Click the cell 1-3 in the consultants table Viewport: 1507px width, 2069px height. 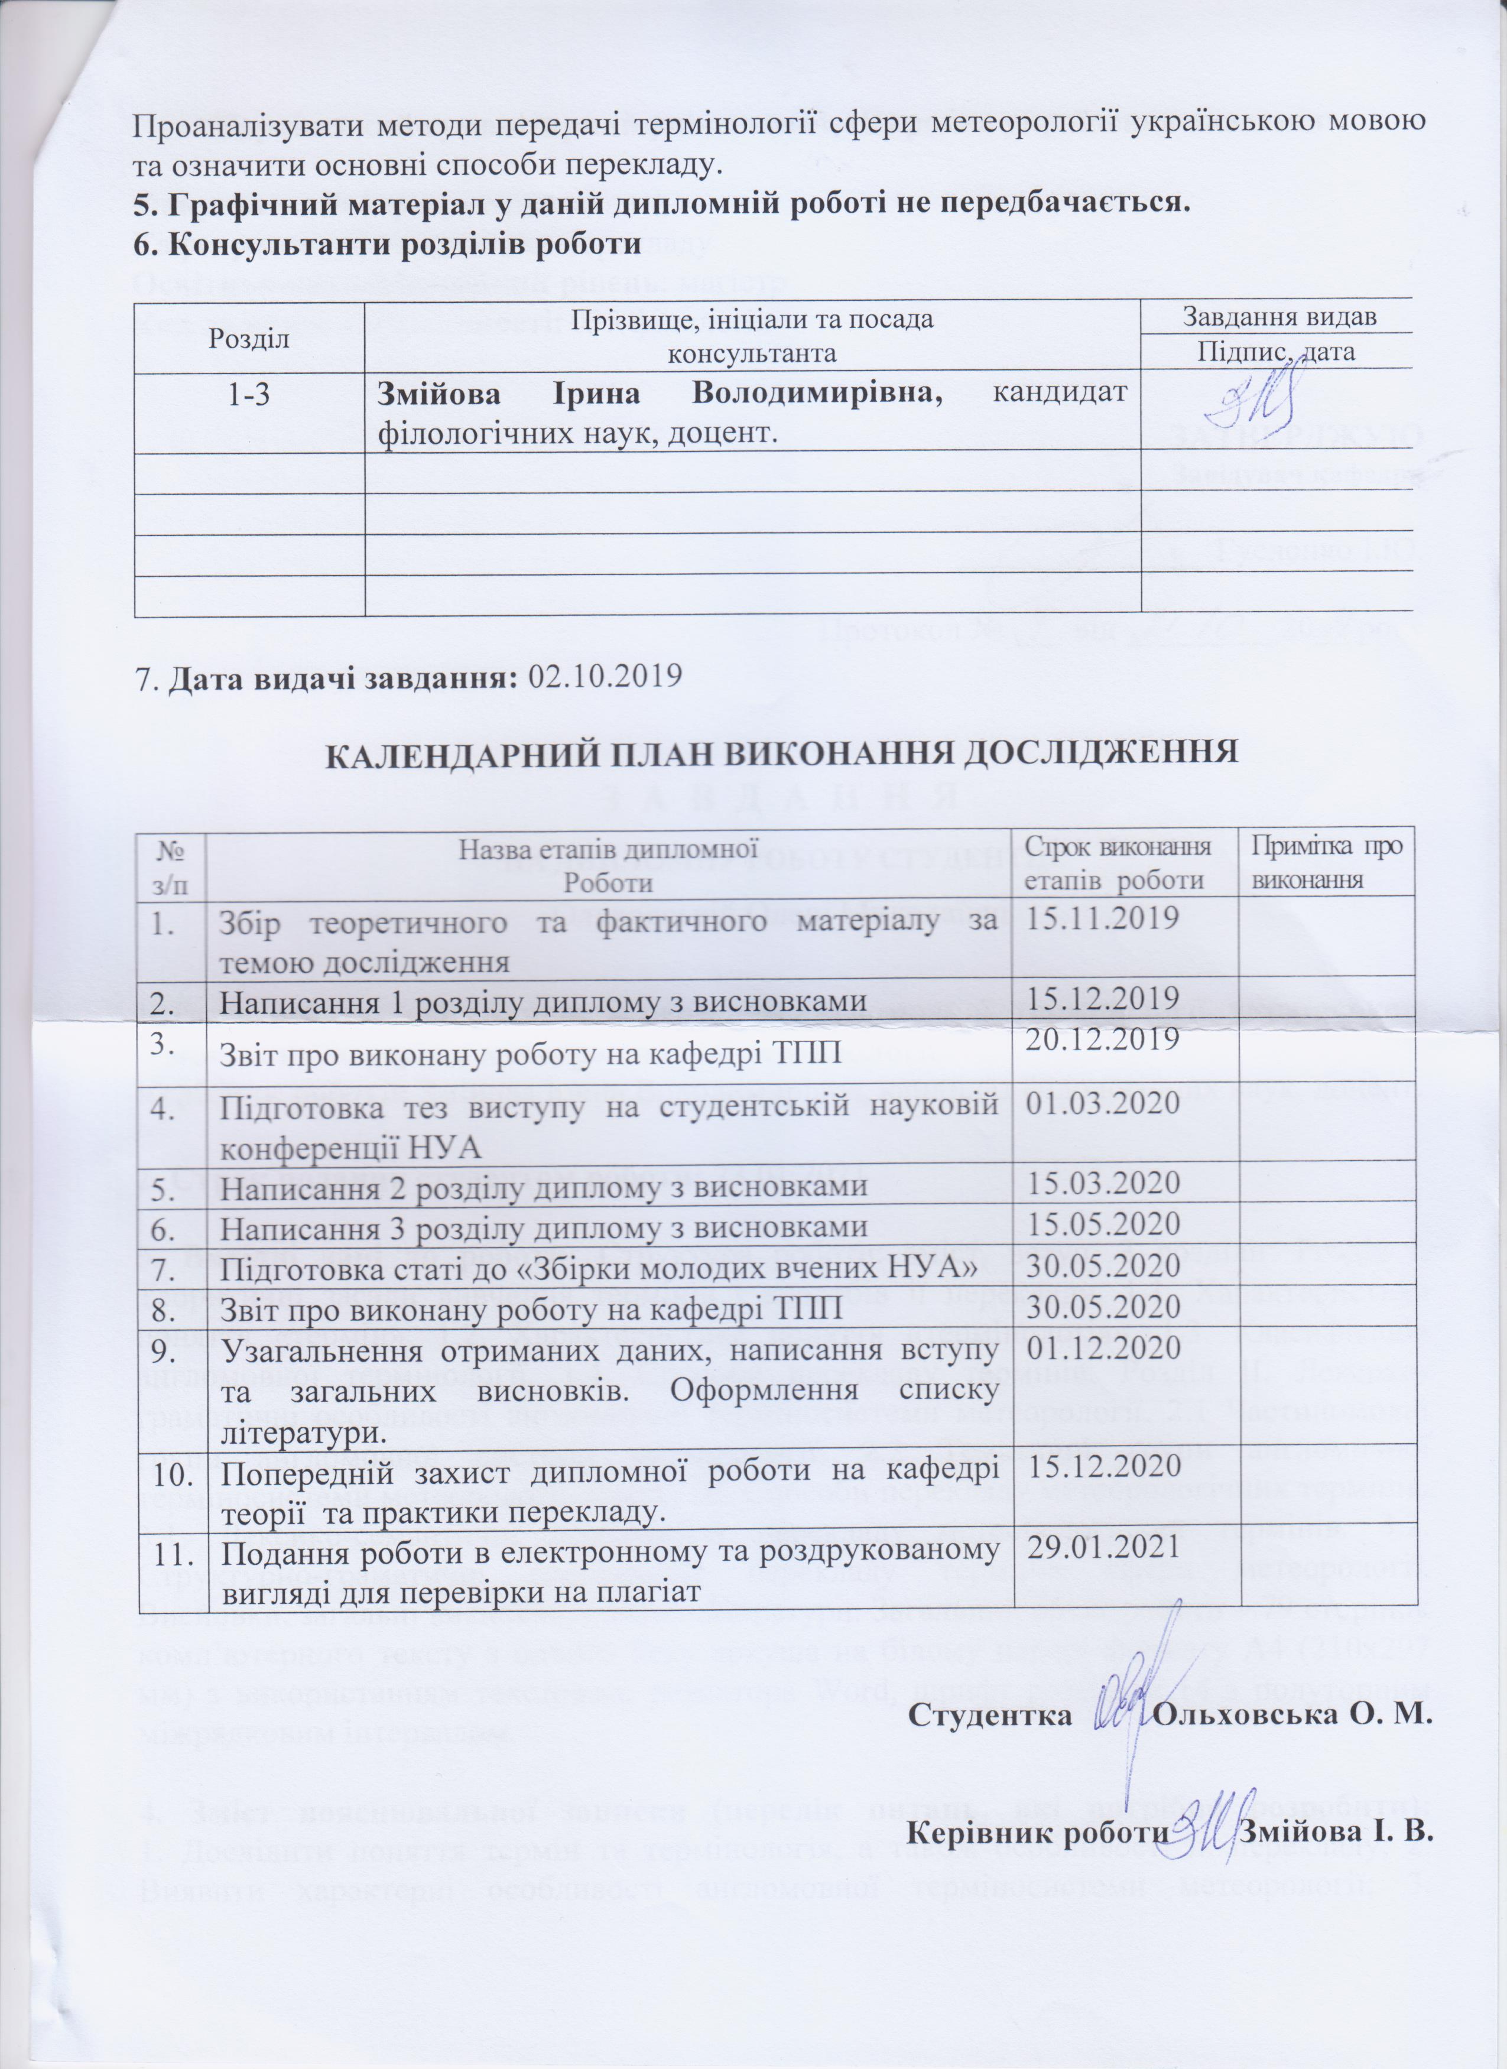pyautogui.click(x=248, y=395)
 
